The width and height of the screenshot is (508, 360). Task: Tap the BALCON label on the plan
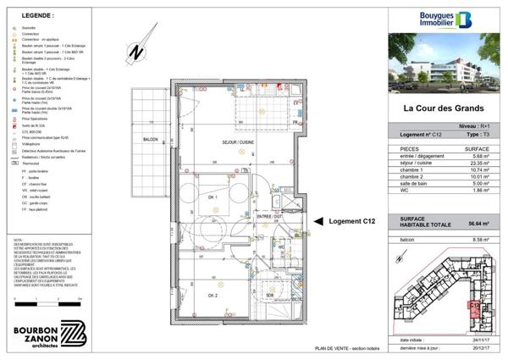(x=150, y=138)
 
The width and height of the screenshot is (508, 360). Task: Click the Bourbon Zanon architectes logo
(x=47, y=333)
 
